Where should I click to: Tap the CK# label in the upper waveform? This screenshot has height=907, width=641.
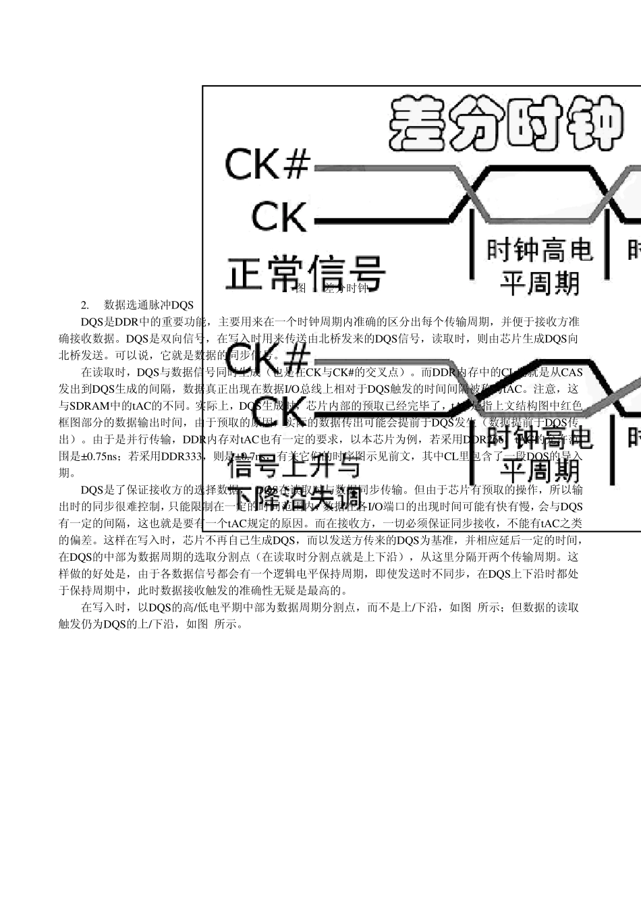(267, 165)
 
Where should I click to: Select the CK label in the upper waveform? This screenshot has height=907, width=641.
(279, 217)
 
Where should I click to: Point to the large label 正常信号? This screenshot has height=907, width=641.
(305, 273)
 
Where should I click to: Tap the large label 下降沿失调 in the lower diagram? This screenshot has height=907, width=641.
(297, 498)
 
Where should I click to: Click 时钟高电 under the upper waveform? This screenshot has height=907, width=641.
(540, 250)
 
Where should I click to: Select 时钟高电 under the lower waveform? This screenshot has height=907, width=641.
(540, 437)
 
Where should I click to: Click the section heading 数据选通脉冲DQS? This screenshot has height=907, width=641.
(149, 305)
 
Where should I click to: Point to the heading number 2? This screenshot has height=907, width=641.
(85, 305)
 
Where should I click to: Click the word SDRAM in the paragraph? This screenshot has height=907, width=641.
(90, 406)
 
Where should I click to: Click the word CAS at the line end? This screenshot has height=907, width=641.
(572, 372)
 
